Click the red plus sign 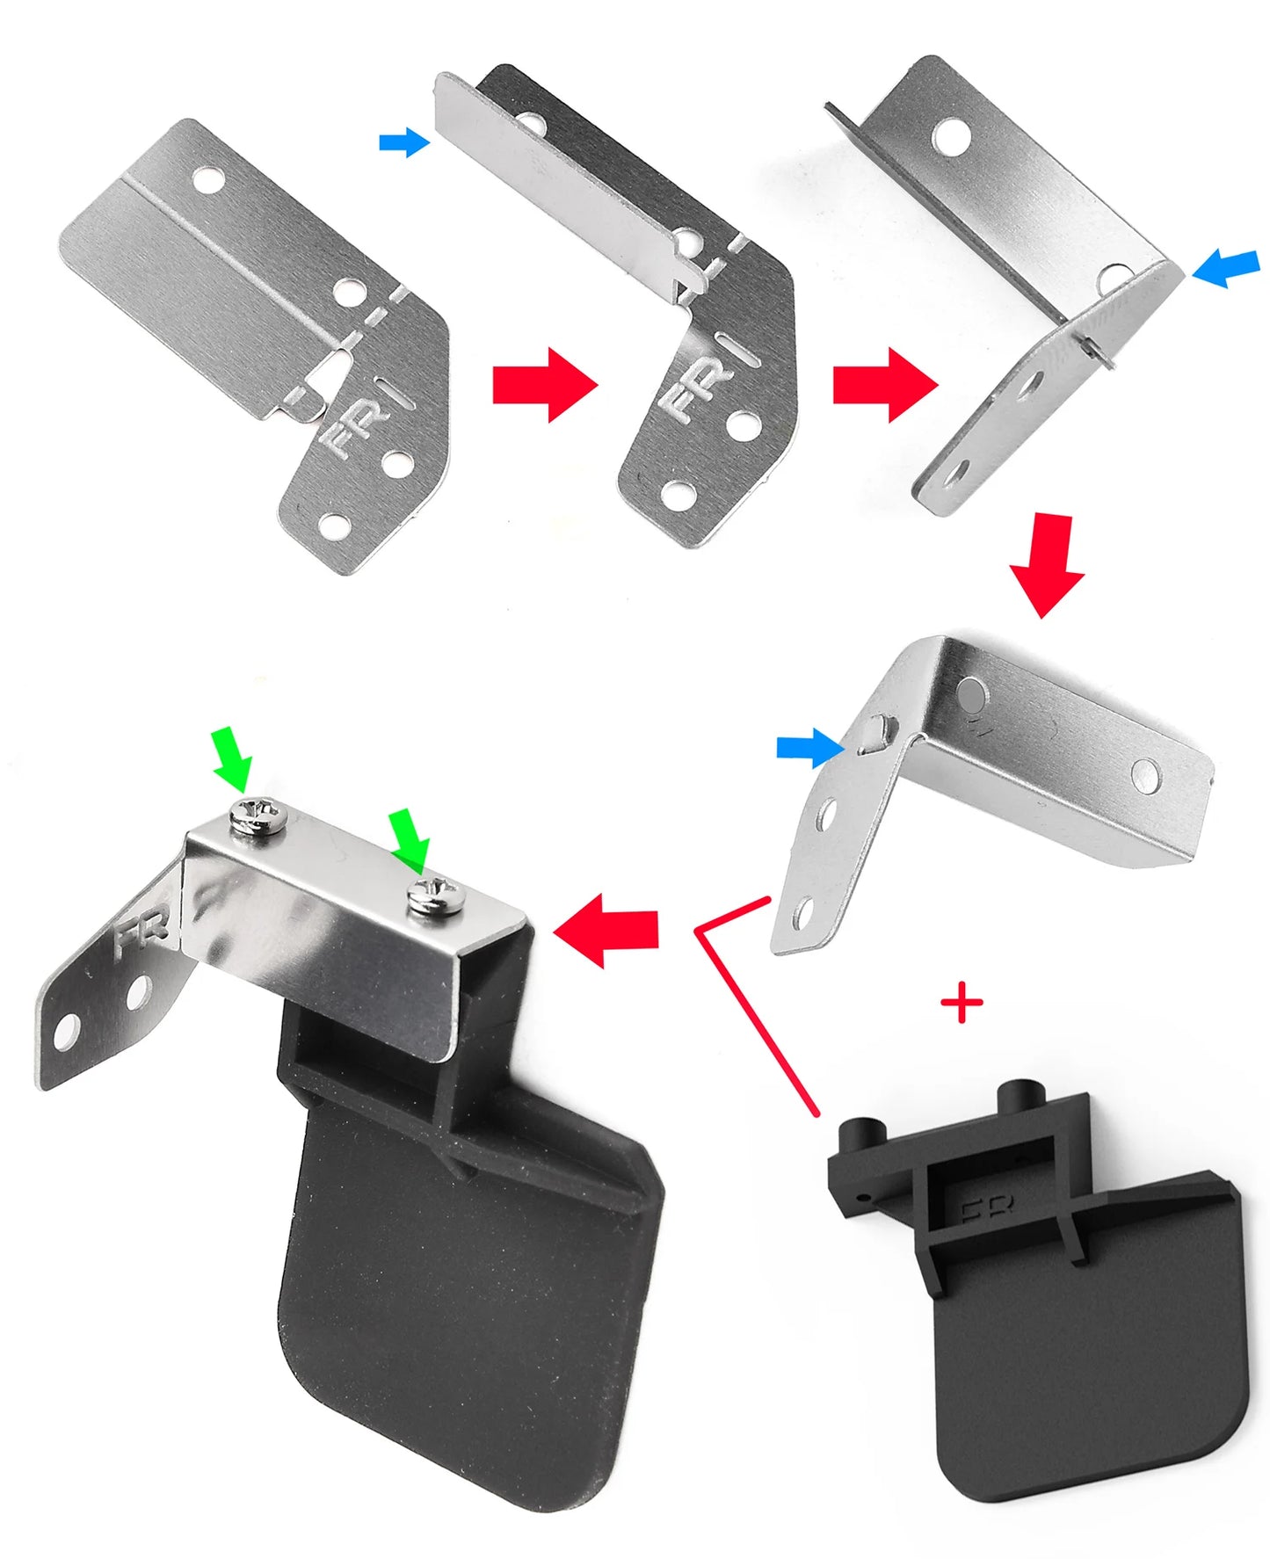961,1003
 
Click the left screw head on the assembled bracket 257,817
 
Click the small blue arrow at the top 404,142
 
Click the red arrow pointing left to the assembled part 606,930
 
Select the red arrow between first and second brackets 545,384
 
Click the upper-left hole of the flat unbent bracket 210,180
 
